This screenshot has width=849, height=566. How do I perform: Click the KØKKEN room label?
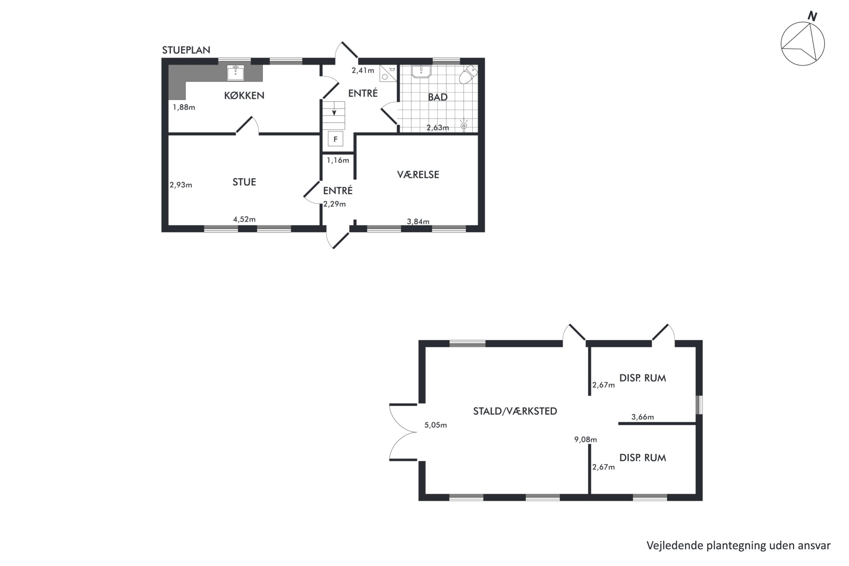point(244,95)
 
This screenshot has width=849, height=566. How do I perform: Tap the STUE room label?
point(244,182)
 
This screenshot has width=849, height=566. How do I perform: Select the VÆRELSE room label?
point(418,175)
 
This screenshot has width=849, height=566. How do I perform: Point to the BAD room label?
point(437,97)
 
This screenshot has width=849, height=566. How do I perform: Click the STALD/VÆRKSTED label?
point(515,411)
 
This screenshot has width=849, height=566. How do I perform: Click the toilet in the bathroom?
point(468,74)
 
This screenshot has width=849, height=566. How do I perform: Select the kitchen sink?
point(235,73)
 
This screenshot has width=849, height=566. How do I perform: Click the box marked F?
point(335,139)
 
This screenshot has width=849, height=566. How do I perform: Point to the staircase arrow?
point(334,109)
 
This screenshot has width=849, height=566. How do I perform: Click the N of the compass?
point(812,16)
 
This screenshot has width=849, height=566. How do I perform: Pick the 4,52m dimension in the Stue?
point(244,219)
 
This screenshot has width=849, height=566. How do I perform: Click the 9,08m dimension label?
point(585,440)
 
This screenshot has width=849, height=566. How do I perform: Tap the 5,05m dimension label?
point(435,425)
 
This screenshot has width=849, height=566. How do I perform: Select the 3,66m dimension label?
point(642,417)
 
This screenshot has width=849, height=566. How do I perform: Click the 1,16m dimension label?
point(338,160)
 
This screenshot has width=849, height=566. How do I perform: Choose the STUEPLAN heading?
point(186,50)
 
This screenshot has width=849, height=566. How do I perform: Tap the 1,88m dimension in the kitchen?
point(184,107)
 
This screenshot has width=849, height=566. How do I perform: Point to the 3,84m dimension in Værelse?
point(418,221)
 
